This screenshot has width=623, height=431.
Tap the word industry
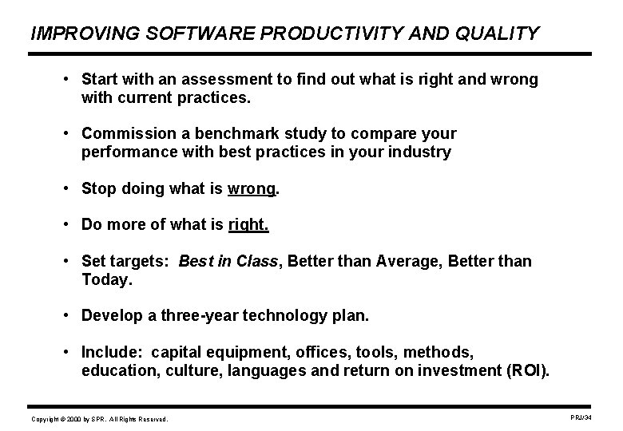[423, 152]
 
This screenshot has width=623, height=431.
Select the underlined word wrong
[251, 189]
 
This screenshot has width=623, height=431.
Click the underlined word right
[248, 225]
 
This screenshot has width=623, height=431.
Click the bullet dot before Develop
[70, 315]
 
